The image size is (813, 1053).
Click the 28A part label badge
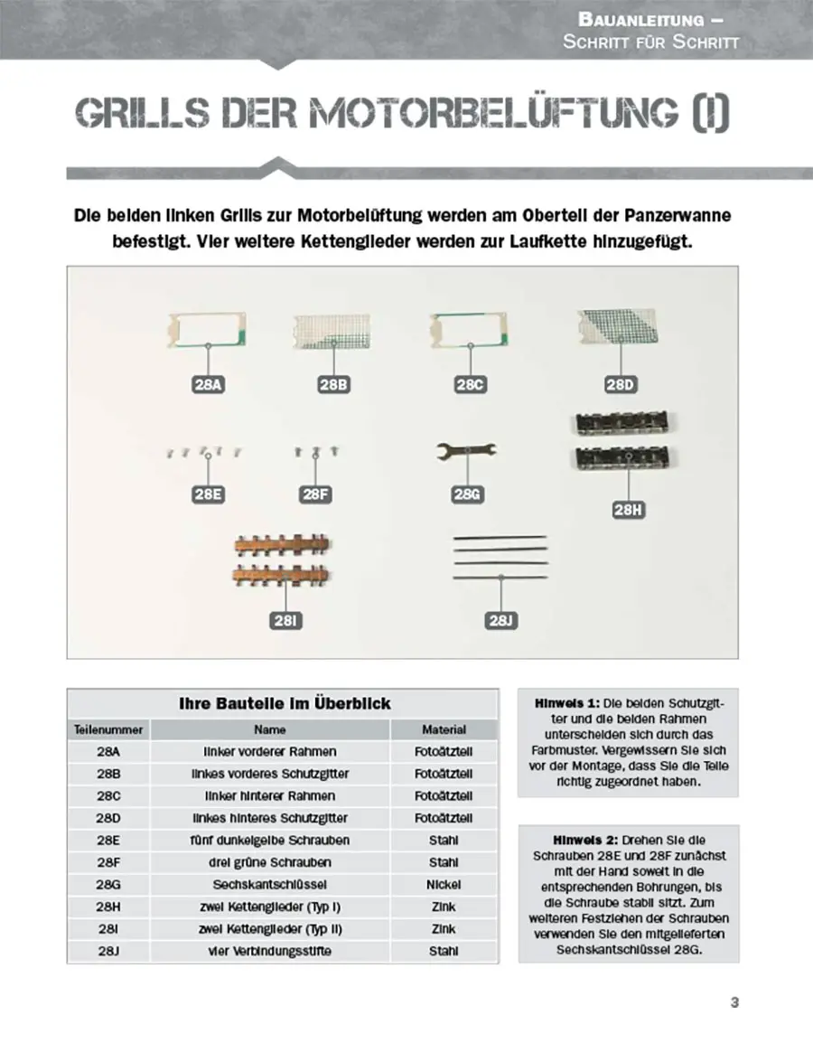point(208,385)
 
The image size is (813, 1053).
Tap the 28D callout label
point(620,385)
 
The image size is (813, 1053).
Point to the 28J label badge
point(501,620)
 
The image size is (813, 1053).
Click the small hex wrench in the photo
point(466,450)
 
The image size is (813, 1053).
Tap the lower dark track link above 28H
point(628,458)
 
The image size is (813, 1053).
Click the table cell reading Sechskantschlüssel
point(270,884)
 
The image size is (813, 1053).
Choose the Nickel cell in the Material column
point(444,884)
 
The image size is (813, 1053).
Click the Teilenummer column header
point(108,729)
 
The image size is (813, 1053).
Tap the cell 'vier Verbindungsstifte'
point(270,951)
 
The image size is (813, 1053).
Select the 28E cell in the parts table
point(108,840)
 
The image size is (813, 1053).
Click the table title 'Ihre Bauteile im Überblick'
point(284,703)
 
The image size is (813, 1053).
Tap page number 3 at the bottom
point(734,1002)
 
